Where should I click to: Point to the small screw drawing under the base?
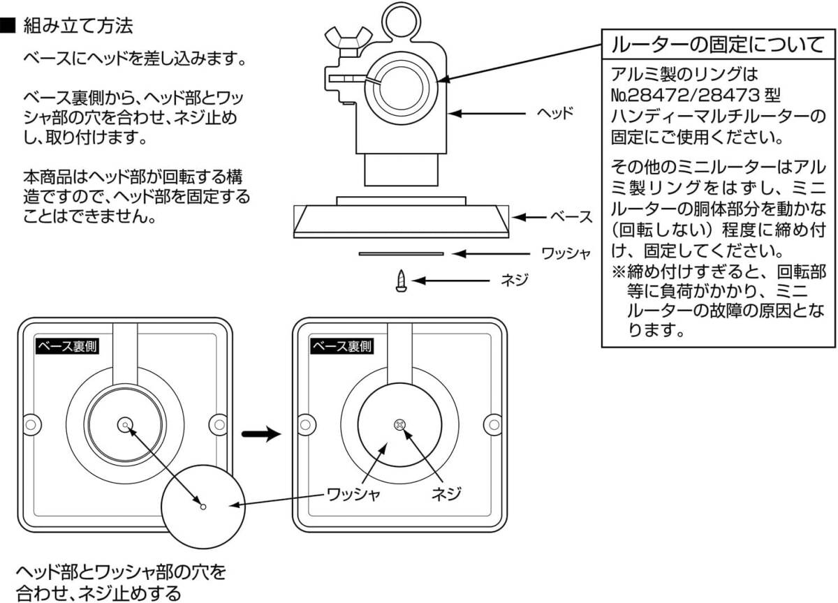coord(401,281)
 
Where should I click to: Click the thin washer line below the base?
coord(401,254)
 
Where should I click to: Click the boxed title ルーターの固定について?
coord(717,46)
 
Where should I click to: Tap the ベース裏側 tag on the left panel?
coord(66,346)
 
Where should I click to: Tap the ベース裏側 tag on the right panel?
coord(342,346)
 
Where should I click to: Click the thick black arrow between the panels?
coord(260,434)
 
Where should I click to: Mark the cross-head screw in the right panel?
coord(399,424)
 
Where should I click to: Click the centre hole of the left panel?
coord(125,423)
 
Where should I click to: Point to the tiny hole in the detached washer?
coord(203,507)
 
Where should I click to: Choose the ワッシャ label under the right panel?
coord(354,495)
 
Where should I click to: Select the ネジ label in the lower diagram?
coord(444,495)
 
